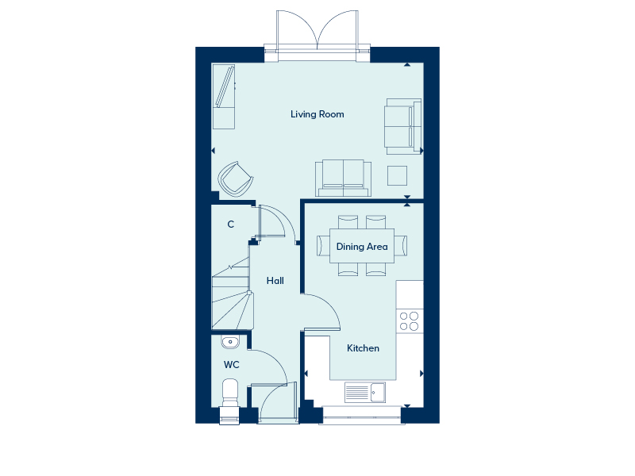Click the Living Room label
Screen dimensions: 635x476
point(317,114)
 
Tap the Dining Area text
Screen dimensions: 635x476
point(362,247)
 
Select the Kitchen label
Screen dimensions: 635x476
point(363,348)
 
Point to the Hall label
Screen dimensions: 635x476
point(275,281)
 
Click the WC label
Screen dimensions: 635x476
point(231,365)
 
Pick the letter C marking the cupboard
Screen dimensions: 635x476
point(231,225)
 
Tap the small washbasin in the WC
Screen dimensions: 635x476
point(230,342)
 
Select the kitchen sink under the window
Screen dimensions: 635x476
point(365,392)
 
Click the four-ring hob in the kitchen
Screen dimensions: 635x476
point(409,321)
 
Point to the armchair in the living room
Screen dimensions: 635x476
point(236,179)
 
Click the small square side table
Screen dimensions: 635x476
point(397,175)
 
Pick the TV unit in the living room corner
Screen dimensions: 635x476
point(224,96)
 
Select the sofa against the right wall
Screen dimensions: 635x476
point(403,126)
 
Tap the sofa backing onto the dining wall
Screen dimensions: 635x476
point(344,178)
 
